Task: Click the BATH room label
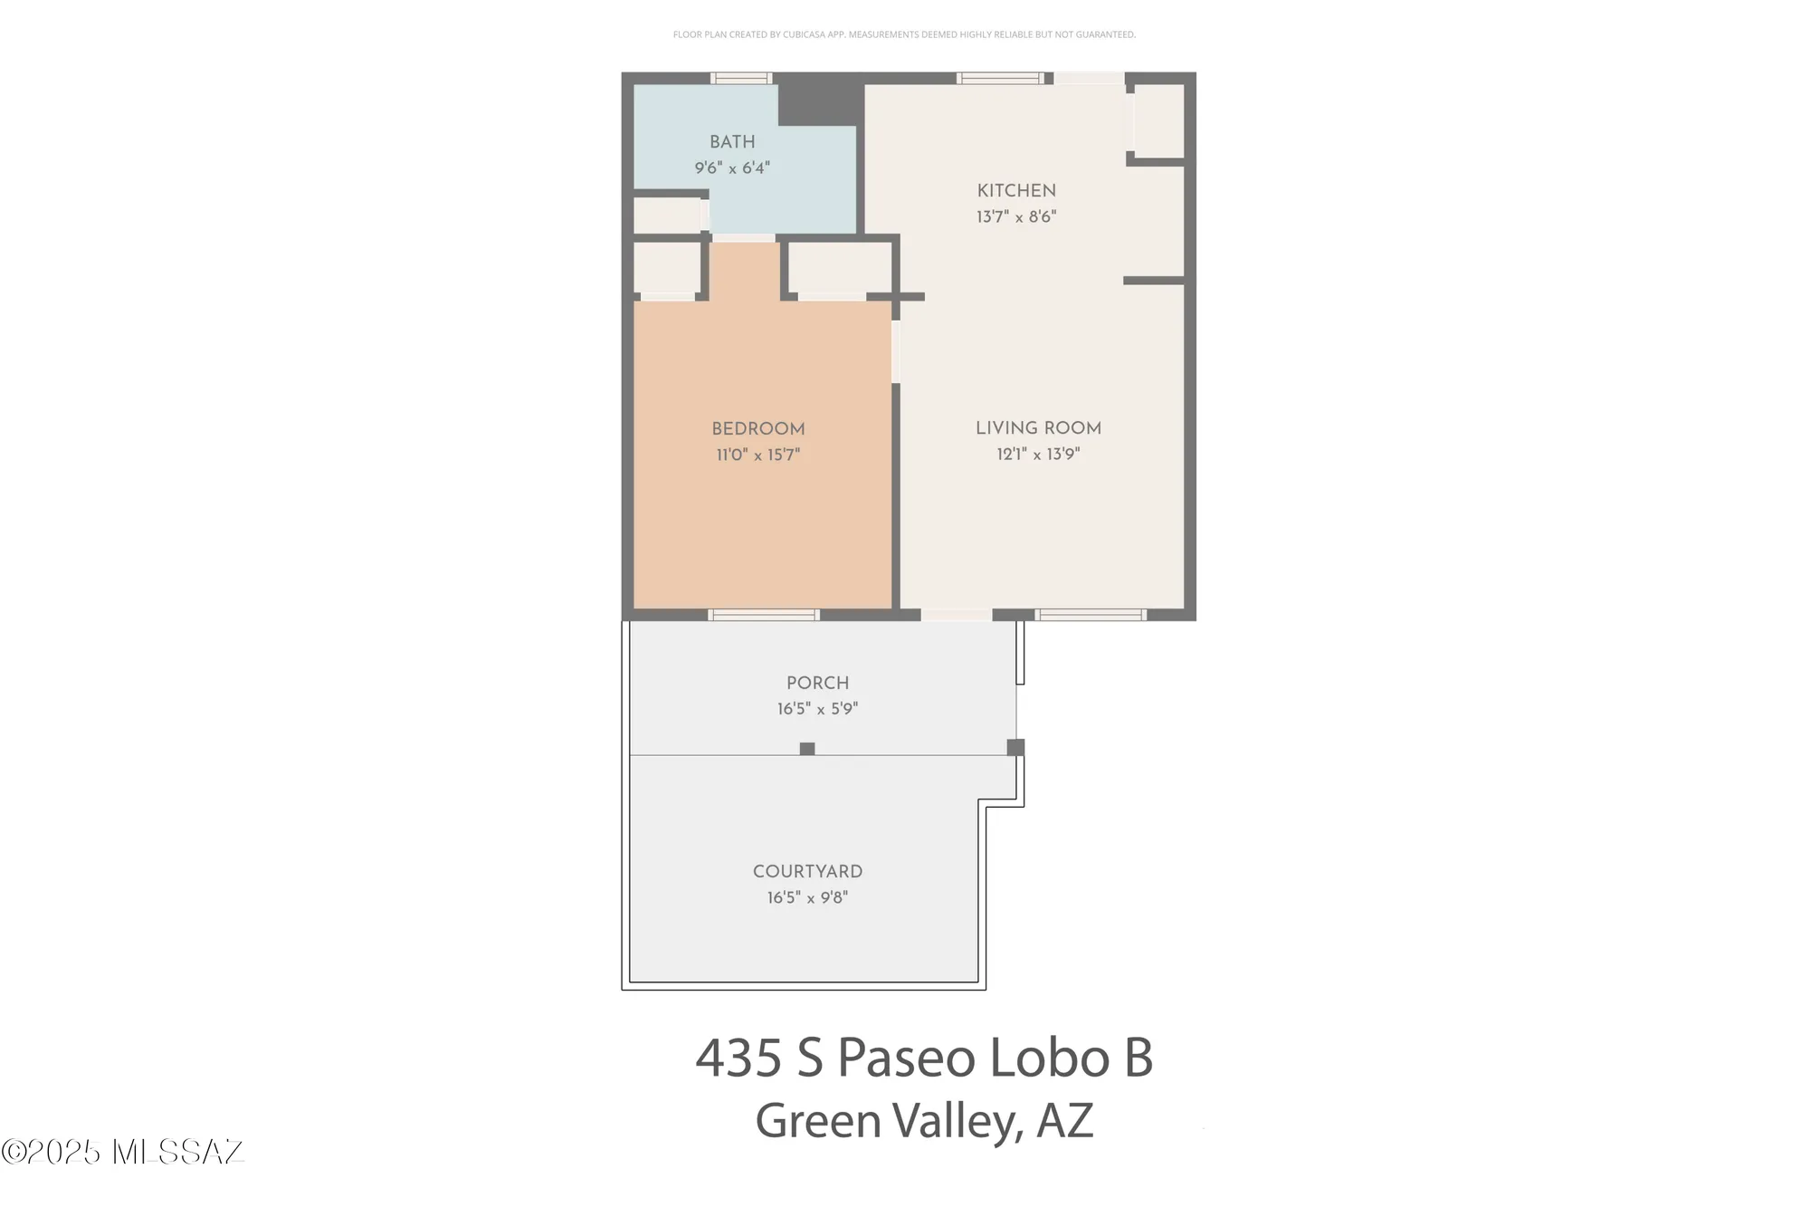[732, 142]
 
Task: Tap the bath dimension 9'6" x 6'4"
[732, 168]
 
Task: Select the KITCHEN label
[1016, 191]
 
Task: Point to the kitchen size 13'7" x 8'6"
[1016, 217]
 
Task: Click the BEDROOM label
[758, 429]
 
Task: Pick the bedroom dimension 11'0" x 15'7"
[758, 455]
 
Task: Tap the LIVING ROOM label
[1038, 428]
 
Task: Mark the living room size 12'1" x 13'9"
[1038, 455]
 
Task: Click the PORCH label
[817, 684]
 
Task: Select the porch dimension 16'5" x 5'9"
[817, 709]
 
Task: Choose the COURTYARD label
[807, 872]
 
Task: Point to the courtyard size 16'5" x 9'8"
[807, 898]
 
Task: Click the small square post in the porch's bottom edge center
[807, 749]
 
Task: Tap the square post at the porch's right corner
[1015, 747]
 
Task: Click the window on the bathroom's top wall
[741, 79]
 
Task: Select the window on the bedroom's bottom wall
[764, 615]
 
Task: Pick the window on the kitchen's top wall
[1000, 79]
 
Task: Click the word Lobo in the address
[1049, 1058]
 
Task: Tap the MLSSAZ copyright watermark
[123, 1152]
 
